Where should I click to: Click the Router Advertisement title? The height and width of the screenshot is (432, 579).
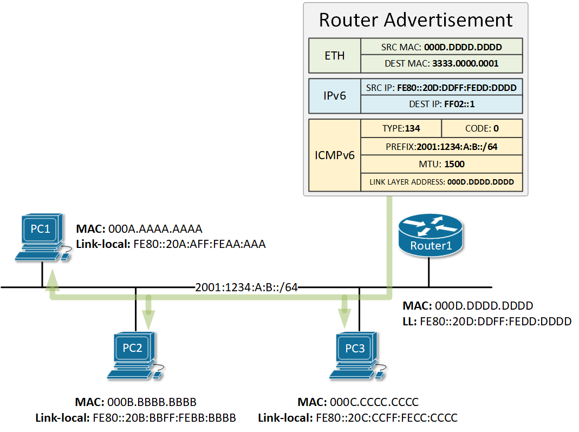pos(415,20)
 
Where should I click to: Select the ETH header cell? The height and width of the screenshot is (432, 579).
pos(334,56)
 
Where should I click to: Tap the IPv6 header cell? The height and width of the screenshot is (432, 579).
pos(334,96)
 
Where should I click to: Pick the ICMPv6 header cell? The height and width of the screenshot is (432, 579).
pos(334,155)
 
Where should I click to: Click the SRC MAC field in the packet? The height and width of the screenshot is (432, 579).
pos(441,47)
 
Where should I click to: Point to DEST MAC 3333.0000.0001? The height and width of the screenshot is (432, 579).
pos(441,63)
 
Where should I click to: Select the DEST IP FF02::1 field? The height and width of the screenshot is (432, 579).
pos(441,103)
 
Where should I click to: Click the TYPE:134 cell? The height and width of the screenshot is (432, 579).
pos(401,129)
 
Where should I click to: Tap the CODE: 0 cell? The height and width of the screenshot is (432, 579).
pos(482,129)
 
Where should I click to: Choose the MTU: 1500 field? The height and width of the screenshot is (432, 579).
pos(441,163)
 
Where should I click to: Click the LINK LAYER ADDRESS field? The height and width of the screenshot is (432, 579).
pos(441,182)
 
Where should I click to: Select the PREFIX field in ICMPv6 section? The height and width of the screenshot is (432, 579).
pos(441,146)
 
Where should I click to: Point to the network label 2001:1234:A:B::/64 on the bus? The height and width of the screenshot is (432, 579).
pos(246,287)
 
